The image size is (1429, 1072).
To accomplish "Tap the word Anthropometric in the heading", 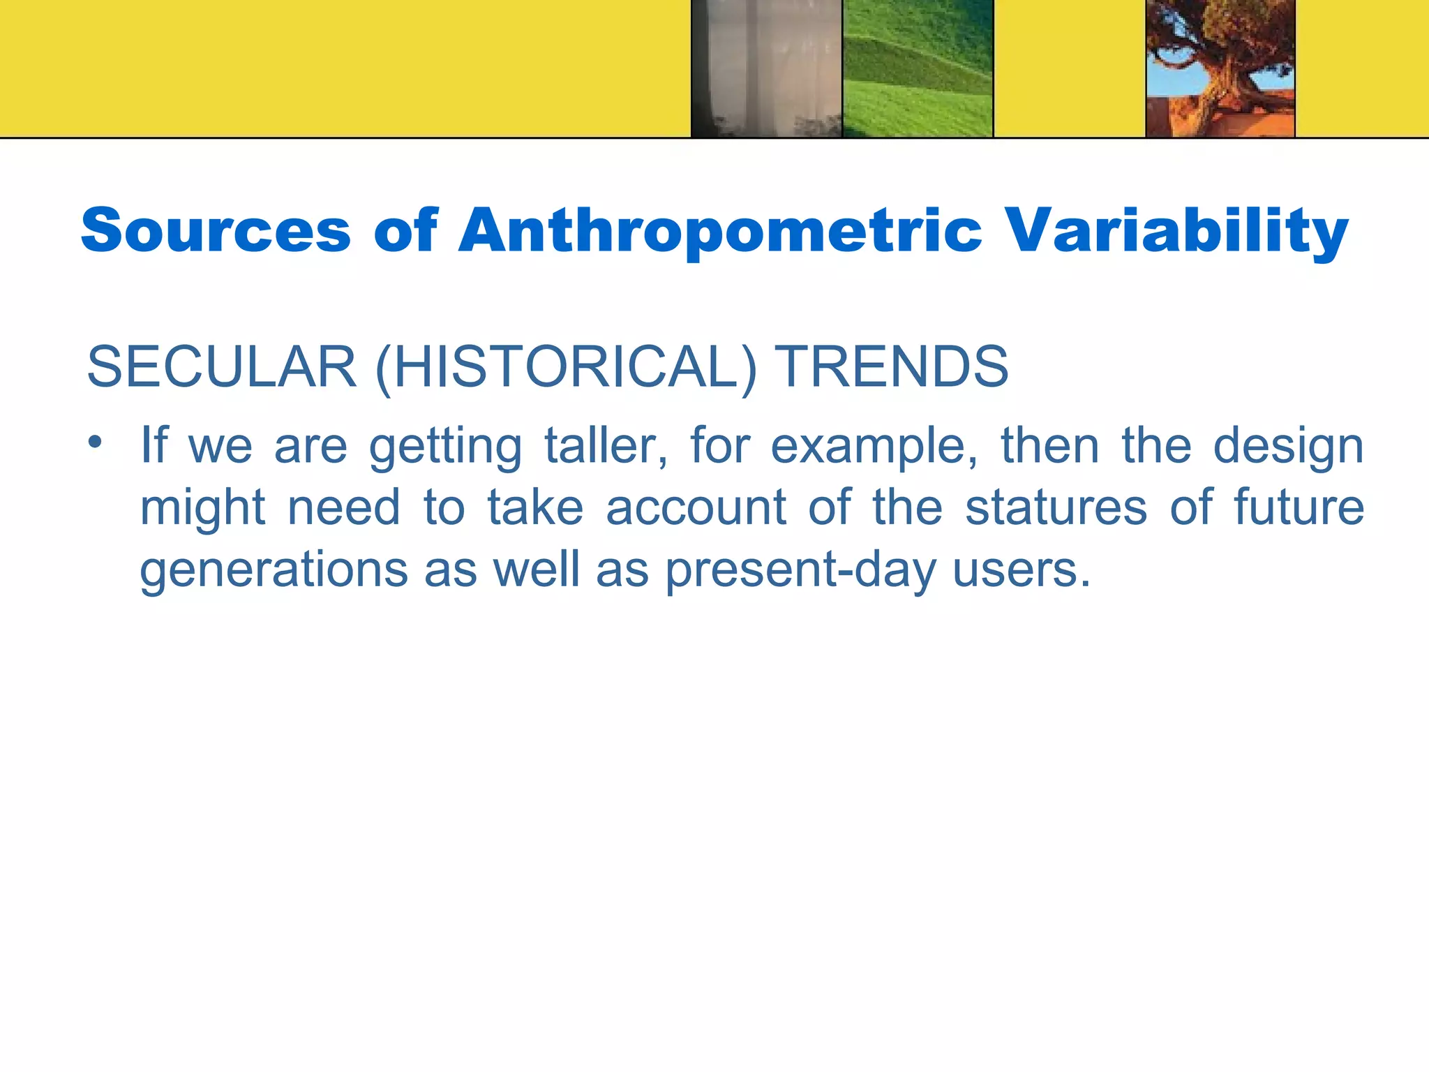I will tap(719, 231).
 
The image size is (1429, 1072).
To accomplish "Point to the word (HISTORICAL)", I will tap(566, 367).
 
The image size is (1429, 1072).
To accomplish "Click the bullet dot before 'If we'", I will tap(95, 442).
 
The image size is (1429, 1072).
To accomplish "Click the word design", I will tap(1288, 447).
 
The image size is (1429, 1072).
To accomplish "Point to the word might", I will tap(202, 508).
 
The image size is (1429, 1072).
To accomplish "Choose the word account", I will tap(696, 507).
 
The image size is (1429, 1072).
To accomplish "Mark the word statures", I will tap(1056, 507).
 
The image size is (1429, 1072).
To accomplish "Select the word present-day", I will tap(800, 570).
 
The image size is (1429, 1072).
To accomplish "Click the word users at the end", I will tap(1021, 570).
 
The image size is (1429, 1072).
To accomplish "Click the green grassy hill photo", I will tap(918, 68).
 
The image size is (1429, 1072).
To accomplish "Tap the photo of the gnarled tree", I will tap(1220, 68).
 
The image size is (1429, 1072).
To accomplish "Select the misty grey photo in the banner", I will tap(766, 68).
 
